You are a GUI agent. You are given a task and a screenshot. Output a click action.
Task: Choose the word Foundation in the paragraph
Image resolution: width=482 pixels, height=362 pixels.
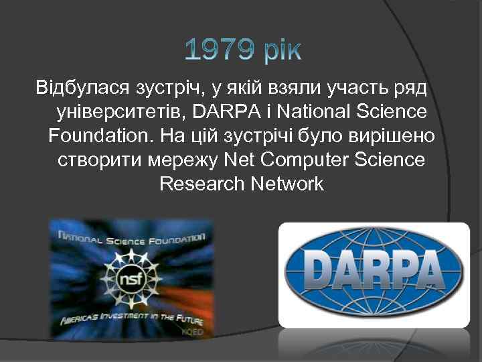click(100, 137)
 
